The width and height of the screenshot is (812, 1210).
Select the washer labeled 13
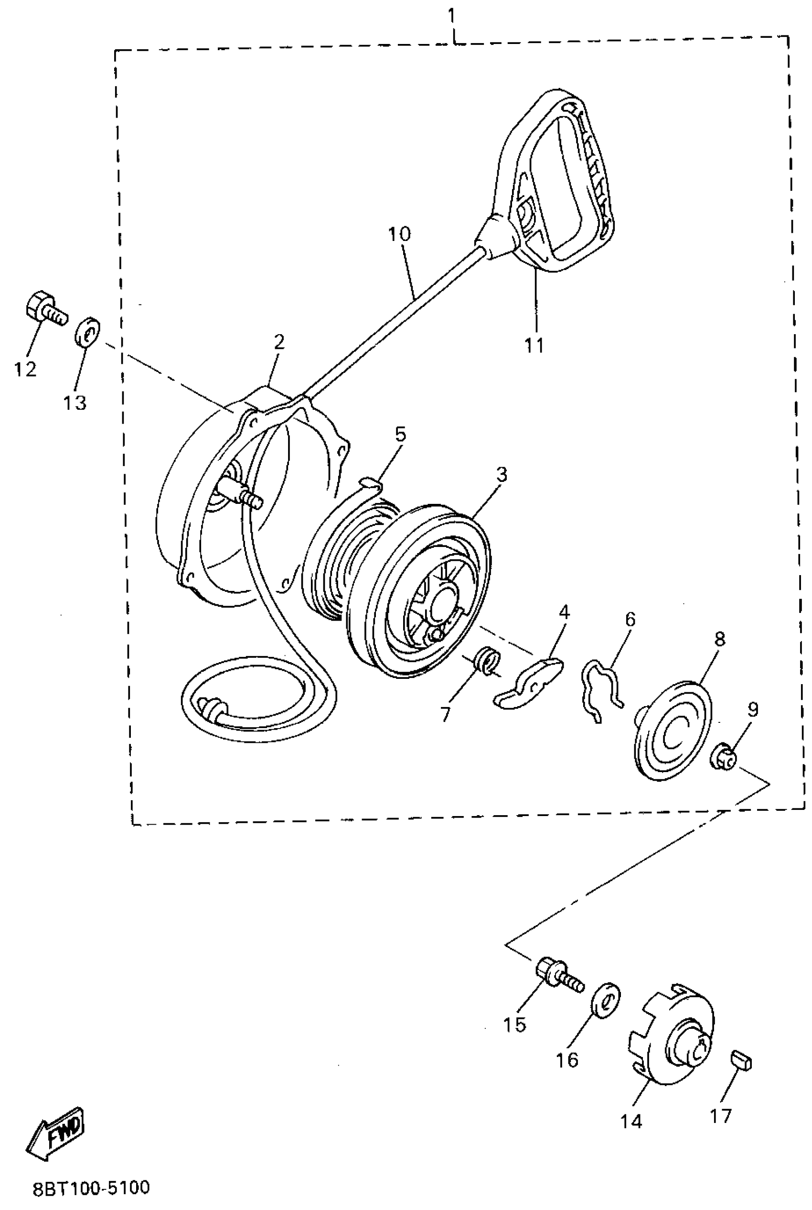point(88,331)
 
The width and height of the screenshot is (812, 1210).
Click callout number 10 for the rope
point(399,234)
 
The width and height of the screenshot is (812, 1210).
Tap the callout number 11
point(534,345)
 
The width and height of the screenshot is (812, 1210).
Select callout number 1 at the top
point(451,16)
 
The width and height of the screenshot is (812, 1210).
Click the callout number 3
point(501,475)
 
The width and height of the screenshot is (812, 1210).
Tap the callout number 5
point(400,434)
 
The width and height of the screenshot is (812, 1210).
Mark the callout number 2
point(279,342)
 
